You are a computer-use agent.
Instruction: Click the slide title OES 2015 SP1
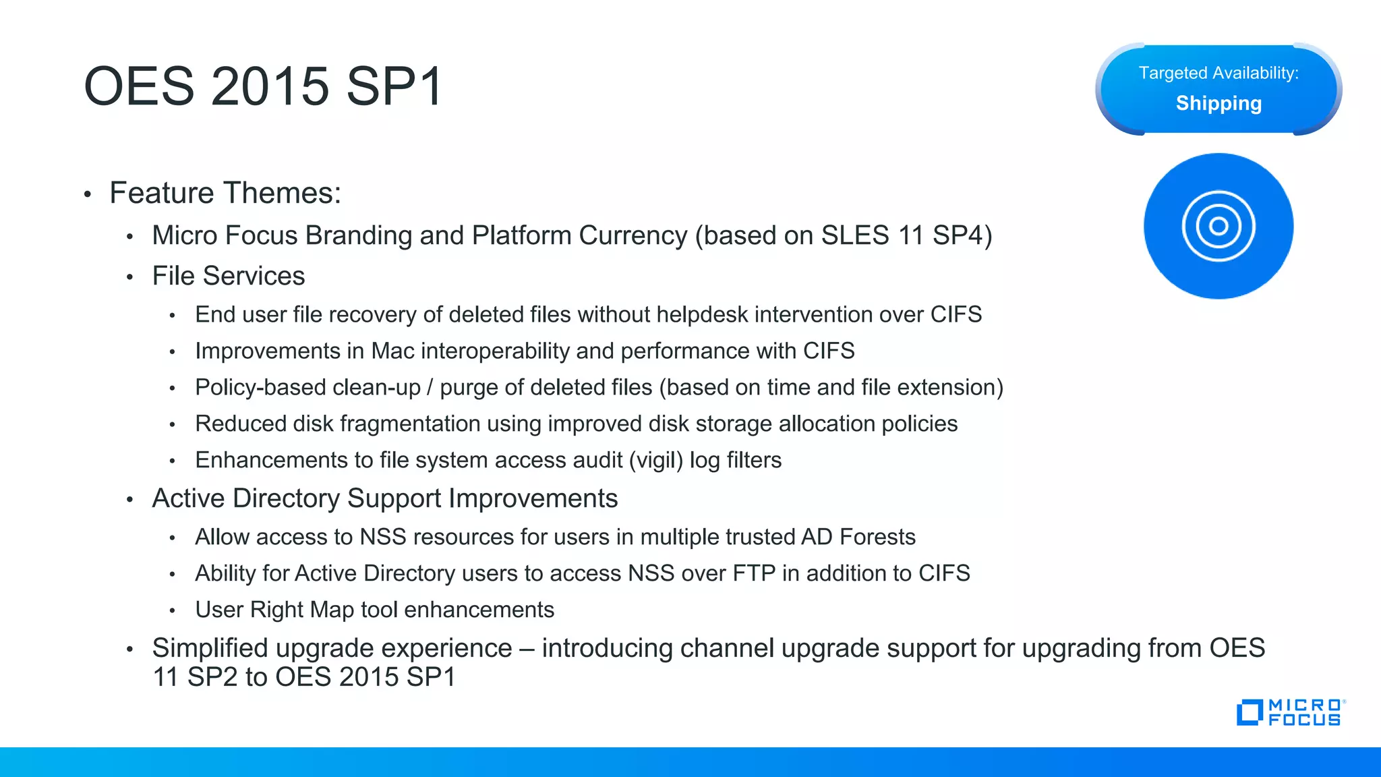coord(263,86)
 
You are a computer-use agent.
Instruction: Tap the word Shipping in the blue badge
coord(1218,103)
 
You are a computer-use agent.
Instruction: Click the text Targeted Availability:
coord(1218,73)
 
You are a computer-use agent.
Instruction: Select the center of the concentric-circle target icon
coord(1218,226)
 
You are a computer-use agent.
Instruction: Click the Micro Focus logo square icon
coord(1249,713)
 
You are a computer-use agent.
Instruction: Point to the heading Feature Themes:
coord(225,193)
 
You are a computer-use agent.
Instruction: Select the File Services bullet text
coord(229,276)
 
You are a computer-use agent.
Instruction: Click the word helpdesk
coord(702,314)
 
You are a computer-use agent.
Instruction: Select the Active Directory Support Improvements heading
coord(385,498)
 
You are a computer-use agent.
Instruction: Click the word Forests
coord(877,537)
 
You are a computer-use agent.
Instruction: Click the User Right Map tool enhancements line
coord(374,610)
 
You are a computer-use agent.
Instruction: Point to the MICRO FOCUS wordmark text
coord(1305,713)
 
